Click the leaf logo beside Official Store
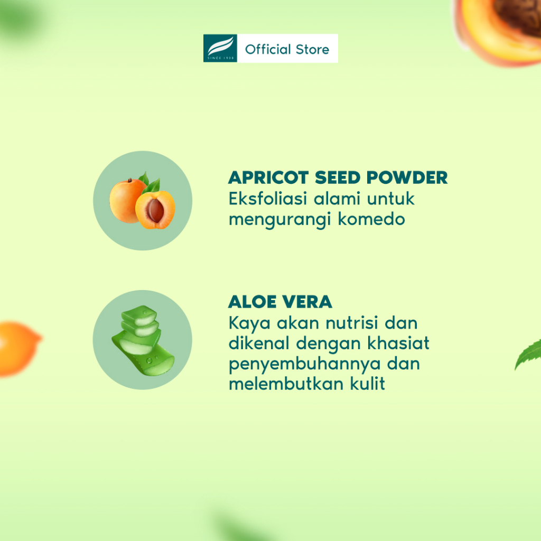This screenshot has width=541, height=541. tap(220, 48)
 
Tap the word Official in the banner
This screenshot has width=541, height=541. tap(268, 49)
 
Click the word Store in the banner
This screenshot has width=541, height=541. tap(313, 49)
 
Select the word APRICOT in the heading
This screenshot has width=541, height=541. tap(268, 178)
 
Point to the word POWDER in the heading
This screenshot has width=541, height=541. tap(407, 178)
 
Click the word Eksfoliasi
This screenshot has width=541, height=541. tap(268, 199)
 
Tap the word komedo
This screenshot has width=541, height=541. tap(371, 219)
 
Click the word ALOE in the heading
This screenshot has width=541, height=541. tap(253, 302)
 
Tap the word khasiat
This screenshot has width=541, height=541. tap(398, 343)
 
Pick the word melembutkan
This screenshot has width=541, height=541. tap(286, 384)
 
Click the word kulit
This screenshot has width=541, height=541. tap(368, 384)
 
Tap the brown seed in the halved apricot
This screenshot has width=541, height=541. tap(155, 210)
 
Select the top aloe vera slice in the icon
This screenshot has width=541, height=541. tap(139, 316)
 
